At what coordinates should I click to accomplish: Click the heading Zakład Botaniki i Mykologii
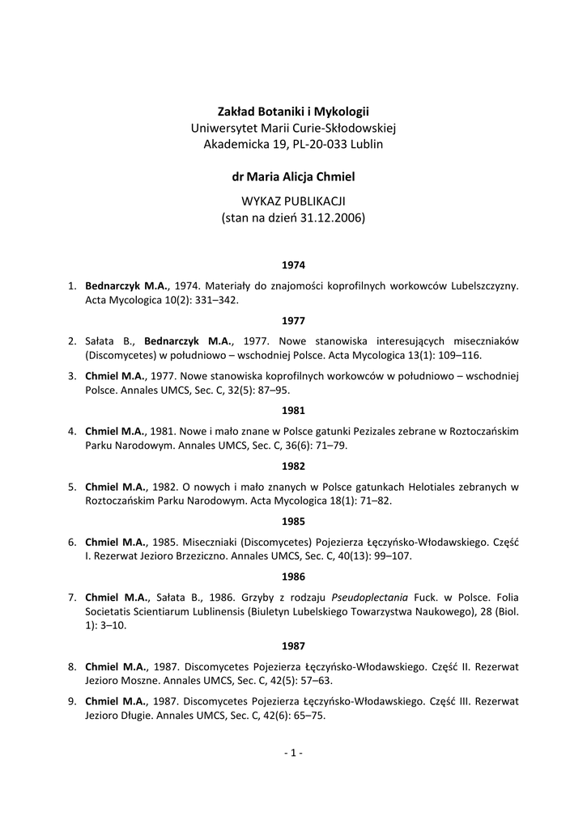pos(293,111)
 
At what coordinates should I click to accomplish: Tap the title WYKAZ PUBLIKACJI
pos(293,200)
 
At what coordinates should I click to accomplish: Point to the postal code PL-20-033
pos(308,144)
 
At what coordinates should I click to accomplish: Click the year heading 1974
pos(293,264)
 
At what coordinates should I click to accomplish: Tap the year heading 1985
pos(293,522)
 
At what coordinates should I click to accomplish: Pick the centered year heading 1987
pos(293,646)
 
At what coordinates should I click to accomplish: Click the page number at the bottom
pos(293,754)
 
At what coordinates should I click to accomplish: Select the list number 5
pos(72,487)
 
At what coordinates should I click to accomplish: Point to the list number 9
pos(72,701)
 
